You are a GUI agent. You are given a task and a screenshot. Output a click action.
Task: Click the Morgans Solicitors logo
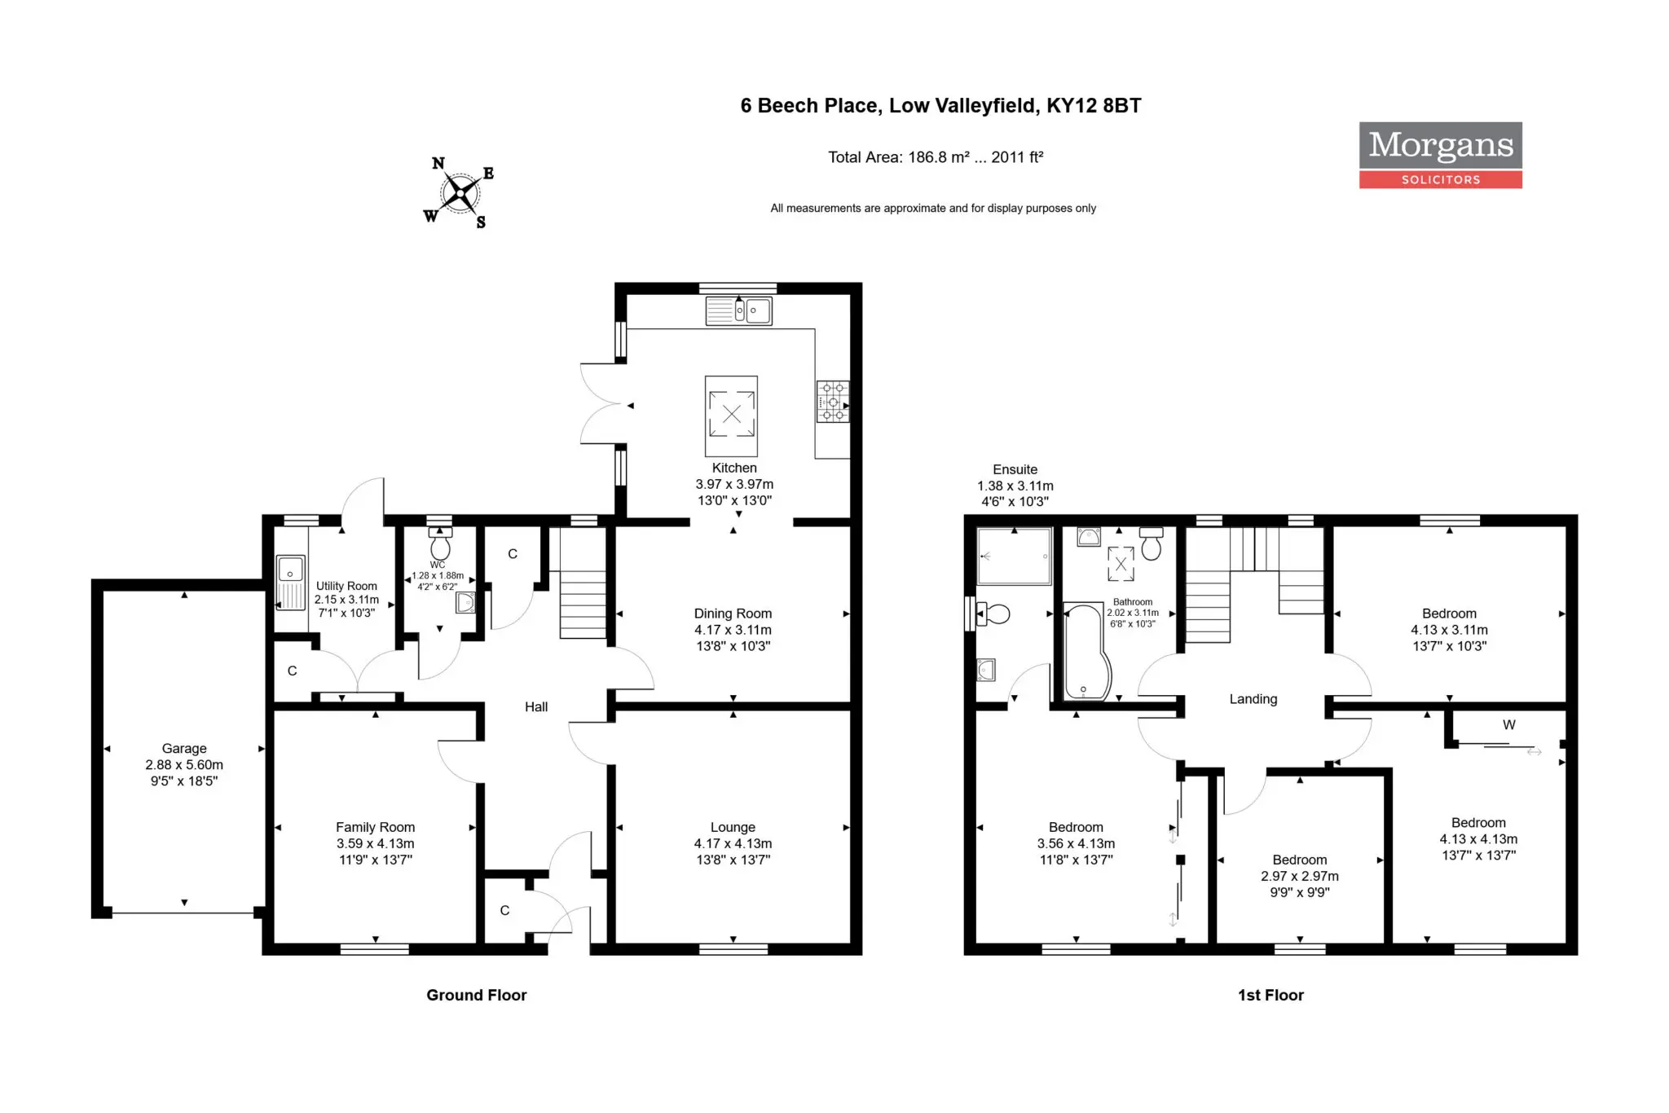click(1440, 155)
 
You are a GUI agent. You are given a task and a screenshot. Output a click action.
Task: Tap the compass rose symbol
click(460, 193)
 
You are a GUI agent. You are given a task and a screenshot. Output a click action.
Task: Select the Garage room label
click(184, 748)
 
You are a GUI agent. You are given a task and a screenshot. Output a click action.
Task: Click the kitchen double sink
click(738, 310)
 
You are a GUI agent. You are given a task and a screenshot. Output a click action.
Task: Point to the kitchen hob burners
click(833, 402)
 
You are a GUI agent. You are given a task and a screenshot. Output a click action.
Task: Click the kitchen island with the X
click(731, 416)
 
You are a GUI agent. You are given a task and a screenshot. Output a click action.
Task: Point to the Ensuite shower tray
click(1014, 556)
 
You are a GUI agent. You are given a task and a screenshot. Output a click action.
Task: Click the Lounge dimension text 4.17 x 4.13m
click(733, 843)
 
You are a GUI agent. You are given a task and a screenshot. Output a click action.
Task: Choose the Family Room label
click(375, 827)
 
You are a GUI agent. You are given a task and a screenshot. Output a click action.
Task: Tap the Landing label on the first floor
click(1253, 699)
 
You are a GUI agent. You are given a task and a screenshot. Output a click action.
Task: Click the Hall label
click(536, 706)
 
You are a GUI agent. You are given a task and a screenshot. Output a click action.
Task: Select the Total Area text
click(936, 157)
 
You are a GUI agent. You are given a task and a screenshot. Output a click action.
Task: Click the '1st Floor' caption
click(1270, 995)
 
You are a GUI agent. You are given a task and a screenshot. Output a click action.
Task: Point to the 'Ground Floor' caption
click(477, 995)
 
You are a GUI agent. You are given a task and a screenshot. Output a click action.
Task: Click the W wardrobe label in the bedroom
click(1509, 724)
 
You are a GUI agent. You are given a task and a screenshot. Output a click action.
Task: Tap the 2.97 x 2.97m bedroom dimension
click(1300, 876)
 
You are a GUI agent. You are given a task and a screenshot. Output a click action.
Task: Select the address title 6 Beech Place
click(940, 105)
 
